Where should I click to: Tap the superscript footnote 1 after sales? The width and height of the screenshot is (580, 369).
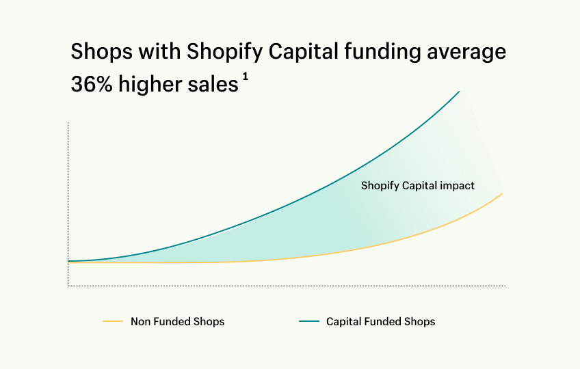(245, 77)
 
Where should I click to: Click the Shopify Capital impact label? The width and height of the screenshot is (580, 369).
(417, 185)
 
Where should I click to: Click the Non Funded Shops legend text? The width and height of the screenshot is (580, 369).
(177, 321)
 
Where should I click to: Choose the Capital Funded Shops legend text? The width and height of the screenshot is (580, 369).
(380, 321)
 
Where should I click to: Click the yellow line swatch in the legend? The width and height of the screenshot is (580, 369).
(112, 321)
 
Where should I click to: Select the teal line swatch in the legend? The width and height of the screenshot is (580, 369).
(309, 321)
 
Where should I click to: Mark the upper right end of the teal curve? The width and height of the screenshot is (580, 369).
(459, 91)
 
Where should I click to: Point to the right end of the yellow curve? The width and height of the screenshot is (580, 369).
(503, 193)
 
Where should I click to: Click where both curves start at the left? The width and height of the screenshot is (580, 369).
(70, 261)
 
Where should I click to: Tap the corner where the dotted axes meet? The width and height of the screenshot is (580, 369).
(68, 286)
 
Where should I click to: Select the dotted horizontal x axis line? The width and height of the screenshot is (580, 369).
(287, 286)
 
